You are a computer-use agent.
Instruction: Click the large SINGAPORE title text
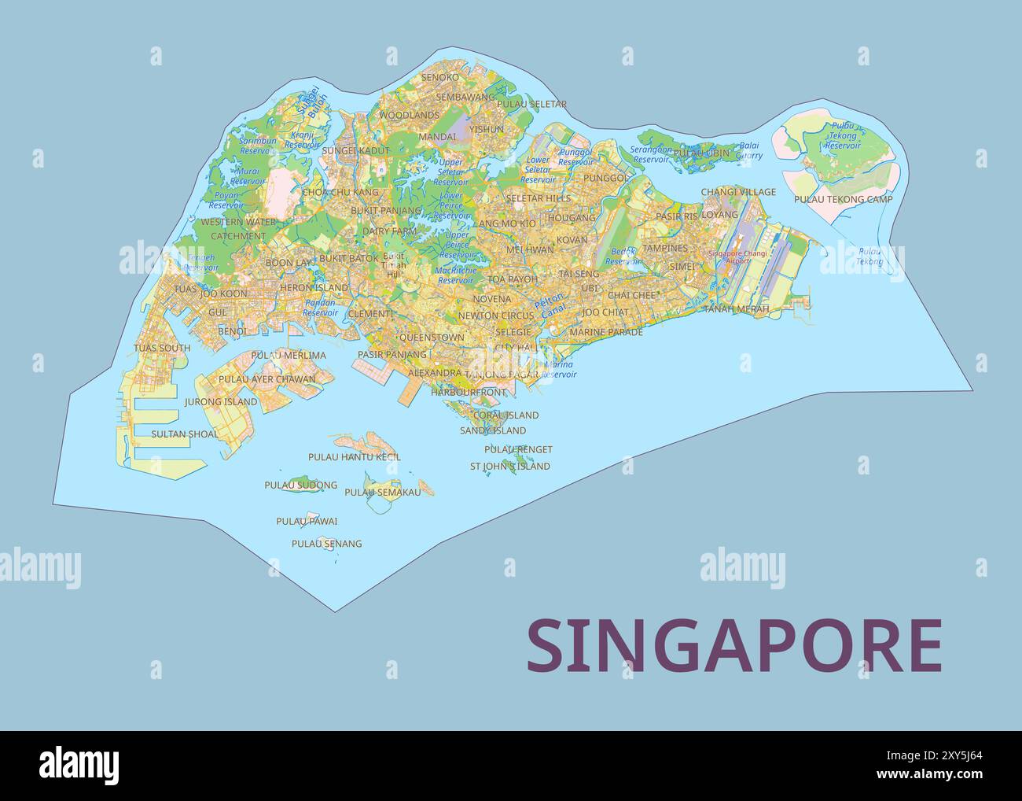pyautogui.click(x=733, y=646)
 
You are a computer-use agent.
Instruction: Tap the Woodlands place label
pyautogui.click(x=409, y=115)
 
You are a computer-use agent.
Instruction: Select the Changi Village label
pyautogui.click(x=738, y=192)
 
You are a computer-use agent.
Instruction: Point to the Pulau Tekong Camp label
pyautogui.click(x=843, y=200)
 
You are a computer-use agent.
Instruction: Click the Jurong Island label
pyautogui.click(x=221, y=402)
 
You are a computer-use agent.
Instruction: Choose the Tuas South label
pyautogui.click(x=162, y=348)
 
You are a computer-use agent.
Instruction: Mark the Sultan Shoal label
pyautogui.click(x=185, y=434)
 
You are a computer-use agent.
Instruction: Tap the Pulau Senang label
pyautogui.click(x=326, y=544)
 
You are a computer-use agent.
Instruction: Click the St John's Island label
pyautogui.click(x=509, y=466)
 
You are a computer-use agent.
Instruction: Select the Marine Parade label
pyautogui.click(x=605, y=332)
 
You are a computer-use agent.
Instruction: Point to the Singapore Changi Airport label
pyautogui.click(x=737, y=257)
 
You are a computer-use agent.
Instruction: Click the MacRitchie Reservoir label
pyautogui.click(x=456, y=275)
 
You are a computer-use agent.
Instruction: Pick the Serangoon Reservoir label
pyautogui.click(x=651, y=154)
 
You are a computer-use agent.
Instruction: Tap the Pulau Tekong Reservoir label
pyautogui.click(x=843, y=135)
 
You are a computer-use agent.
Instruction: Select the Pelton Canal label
pyautogui.click(x=548, y=305)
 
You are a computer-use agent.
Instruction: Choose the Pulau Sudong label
pyautogui.click(x=300, y=485)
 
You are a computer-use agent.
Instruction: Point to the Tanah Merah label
pyautogui.click(x=736, y=309)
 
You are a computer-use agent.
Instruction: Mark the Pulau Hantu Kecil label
pyautogui.click(x=354, y=456)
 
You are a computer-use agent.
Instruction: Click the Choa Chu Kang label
pyautogui.click(x=340, y=192)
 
